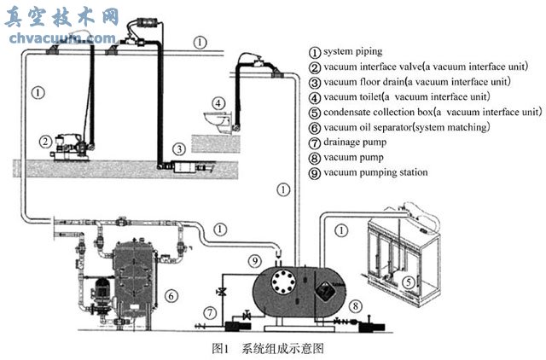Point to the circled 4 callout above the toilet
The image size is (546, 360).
pyautogui.click(x=218, y=104)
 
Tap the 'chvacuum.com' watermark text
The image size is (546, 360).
pyautogui.click(x=60, y=38)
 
